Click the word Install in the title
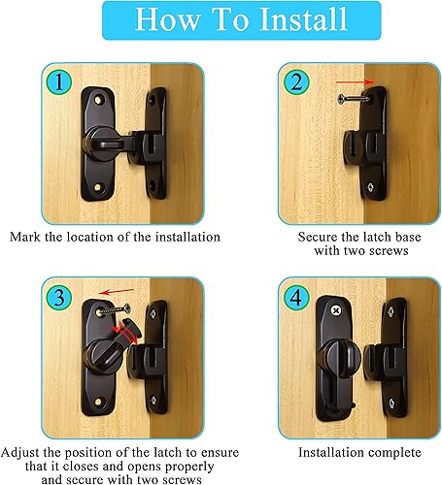coord(303,18)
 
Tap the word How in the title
coord(167,19)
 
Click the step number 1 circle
coord(58,82)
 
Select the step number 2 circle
coord(296,82)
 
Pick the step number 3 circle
coord(58,298)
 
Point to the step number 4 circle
coord(296,298)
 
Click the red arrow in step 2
coord(355,82)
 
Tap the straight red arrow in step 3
coord(117,292)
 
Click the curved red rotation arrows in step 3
coord(124,336)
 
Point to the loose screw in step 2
coord(354,98)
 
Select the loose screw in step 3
coord(115,310)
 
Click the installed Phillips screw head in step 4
coord(336,311)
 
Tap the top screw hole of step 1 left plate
coord(98,100)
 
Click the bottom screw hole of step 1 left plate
coord(98,187)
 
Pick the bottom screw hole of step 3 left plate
coord(98,402)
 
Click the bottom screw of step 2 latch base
coord(370,187)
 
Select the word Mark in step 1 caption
coord(25,237)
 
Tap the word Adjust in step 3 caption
coord(20,452)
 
